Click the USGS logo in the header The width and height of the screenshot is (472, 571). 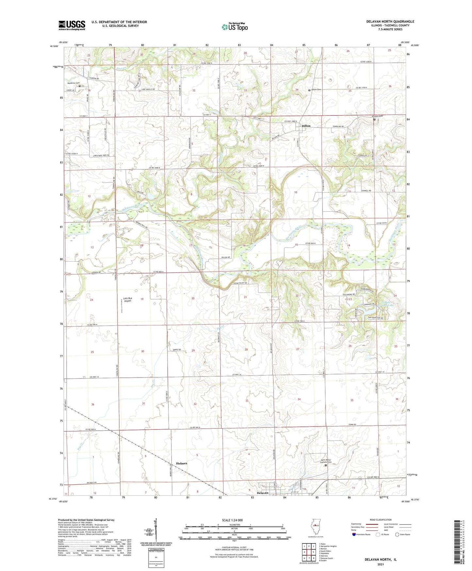[72, 25]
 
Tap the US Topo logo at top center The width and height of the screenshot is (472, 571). [235, 26]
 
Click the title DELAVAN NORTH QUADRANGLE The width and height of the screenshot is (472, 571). [390, 22]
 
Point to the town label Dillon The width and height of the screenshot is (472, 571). [306, 126]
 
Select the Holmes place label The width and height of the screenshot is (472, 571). [182, 463]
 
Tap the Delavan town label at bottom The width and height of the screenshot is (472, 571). [262, 493]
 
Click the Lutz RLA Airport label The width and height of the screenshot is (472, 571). [127, 300]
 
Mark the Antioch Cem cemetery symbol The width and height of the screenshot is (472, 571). [374, 120]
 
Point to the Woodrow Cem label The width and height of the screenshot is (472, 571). [73, 83]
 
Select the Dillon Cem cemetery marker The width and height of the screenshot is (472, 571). [309, 90]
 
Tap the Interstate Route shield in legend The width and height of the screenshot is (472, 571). [354, 534]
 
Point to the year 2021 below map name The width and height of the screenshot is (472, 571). [380, 564]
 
